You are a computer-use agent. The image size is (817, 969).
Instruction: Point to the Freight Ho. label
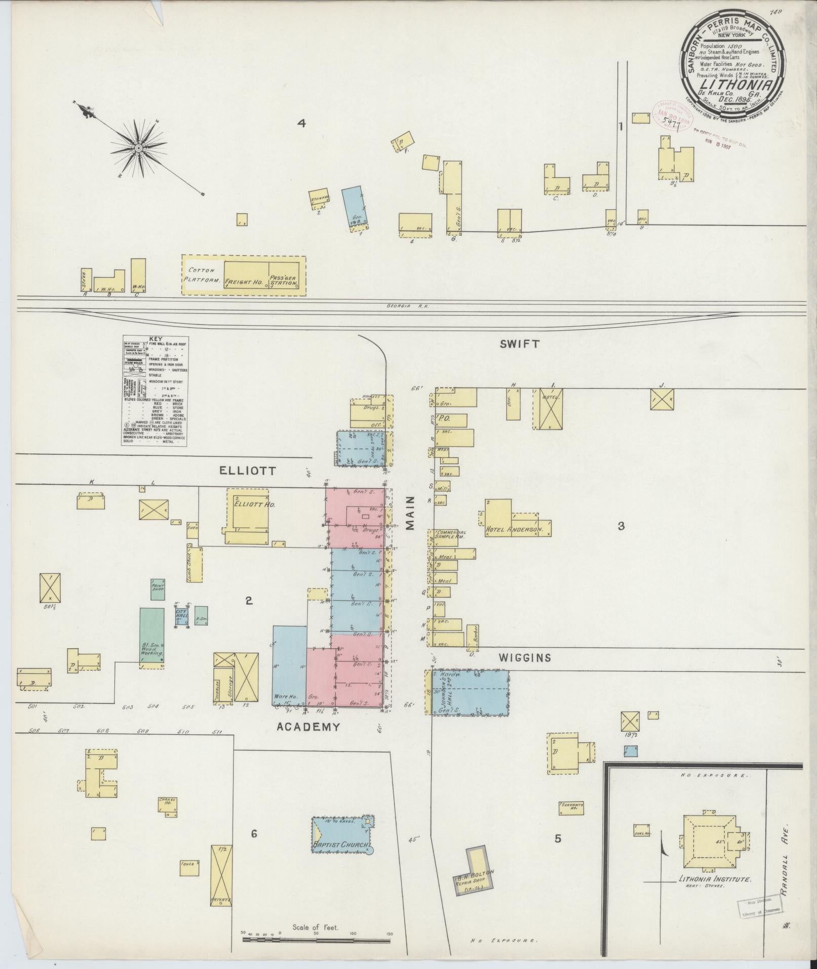click(244, 282)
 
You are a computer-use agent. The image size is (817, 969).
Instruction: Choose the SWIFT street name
click(519, 344)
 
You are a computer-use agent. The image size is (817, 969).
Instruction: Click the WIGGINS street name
click(524, 657)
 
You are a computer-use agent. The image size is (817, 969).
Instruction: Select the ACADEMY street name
click(308, 726)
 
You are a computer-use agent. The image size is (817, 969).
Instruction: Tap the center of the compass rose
click(138, 147)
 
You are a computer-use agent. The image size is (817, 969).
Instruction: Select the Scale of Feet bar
click(317, 939)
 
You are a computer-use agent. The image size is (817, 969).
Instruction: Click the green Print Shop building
click(158, 590)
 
